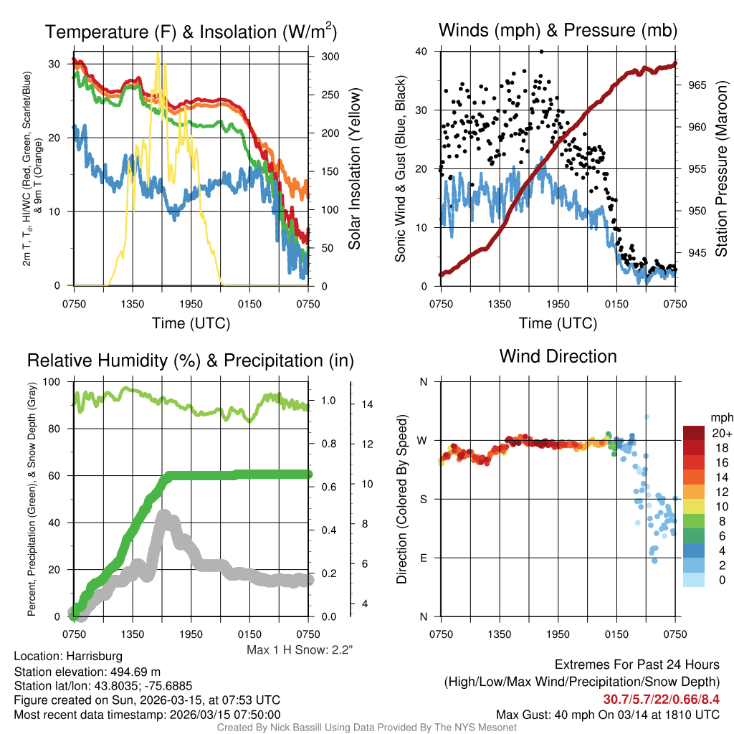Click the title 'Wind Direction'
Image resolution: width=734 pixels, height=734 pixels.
pos(558,356)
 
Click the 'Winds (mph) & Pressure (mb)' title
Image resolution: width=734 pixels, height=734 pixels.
pos(558,30)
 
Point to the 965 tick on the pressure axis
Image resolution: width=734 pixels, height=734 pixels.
pos(697,85)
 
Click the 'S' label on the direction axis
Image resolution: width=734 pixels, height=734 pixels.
pos(423,499)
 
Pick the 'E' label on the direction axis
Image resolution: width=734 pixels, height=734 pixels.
pos(423,558)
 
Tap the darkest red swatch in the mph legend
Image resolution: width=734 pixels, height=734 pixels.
pos(694,433)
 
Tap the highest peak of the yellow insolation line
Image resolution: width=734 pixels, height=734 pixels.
pos(158,54)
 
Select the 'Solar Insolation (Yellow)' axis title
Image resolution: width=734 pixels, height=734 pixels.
pos(354,168)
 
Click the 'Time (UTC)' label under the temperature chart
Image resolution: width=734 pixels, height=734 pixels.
pos(191,323)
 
